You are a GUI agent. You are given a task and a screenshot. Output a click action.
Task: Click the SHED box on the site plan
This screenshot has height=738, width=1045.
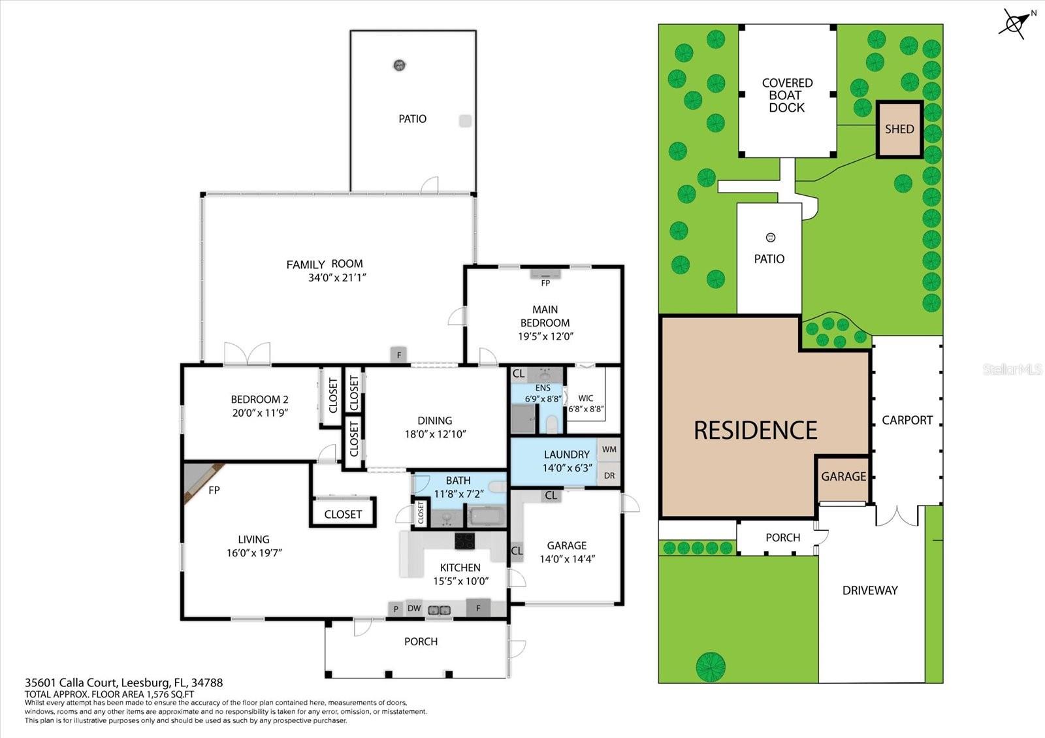pyautogui.click(x=899, y=129)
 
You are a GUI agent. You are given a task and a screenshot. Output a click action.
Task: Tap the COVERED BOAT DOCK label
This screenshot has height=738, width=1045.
pyautogui.click(x=787, y=95)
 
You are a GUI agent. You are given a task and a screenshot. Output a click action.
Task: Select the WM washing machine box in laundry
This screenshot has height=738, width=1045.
pyautogui.click(x=609, y=449)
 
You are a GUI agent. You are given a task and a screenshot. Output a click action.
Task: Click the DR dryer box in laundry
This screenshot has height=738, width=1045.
pyautogui.click(x=609, y=475)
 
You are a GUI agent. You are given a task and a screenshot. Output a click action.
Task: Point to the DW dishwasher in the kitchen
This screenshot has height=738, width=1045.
pyautogui.click(x=414, y=609)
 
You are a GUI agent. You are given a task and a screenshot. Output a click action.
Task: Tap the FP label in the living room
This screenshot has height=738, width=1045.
pyautogui.click(x=214, y=490)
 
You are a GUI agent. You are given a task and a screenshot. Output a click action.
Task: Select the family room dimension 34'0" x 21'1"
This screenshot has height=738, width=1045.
pyautogui.click(x=337, y=278)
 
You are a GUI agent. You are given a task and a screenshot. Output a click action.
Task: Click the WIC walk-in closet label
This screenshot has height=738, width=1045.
pyautogui.click(x=585, y=398)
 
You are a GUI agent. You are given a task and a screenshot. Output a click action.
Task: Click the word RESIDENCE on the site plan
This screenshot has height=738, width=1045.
pyautogui.click(x=755, y=430)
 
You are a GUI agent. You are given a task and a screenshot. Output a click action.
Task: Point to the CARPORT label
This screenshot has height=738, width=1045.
pyautogui.click(x=907, y=420)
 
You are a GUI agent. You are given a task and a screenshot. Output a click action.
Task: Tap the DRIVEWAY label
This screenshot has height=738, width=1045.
pyautogui.click(x=869, y=590)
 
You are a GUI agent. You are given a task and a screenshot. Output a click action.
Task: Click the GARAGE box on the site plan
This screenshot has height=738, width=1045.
pyautogui.click(x=843, y=477)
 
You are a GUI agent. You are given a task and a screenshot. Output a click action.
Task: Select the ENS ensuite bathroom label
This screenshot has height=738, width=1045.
pyautogui.click(x=543, y=388)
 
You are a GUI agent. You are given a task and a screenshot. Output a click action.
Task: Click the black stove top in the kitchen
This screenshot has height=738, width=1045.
pyautogui.click(x=465, y=541)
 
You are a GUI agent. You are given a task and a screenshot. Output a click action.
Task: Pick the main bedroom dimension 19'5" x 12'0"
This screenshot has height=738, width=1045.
pyautogui.click(x=545, y=337)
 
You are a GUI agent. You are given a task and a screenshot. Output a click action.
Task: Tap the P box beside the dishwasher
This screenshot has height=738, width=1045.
pyautogui.click(x=396, y=609)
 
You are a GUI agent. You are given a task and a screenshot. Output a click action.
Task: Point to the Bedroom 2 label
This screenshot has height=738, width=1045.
pyautogui.click(x=259, y=400)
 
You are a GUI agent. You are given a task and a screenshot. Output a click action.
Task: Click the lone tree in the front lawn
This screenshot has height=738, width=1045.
pyautogui.click(x=711, y=666)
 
